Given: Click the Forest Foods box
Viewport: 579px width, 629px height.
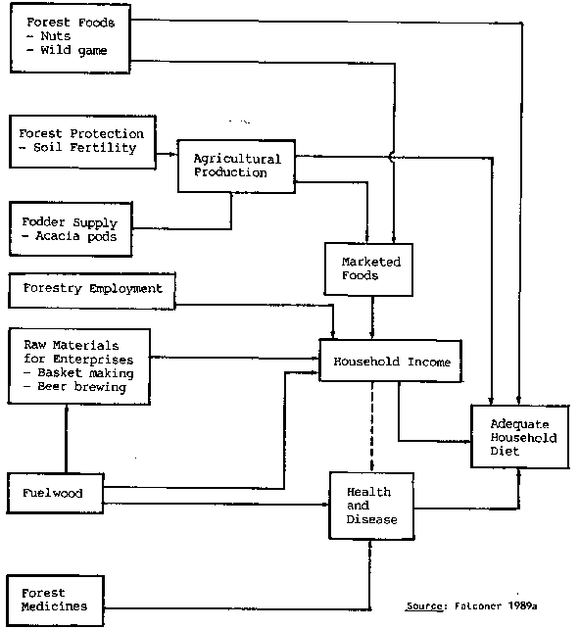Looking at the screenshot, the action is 71,38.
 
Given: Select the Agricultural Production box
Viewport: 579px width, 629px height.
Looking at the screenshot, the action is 237,167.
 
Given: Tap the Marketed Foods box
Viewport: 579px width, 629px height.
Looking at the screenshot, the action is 368,269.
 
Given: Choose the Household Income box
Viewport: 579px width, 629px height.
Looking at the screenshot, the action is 391,361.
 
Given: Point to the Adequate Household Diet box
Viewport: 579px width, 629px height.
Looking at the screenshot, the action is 520,436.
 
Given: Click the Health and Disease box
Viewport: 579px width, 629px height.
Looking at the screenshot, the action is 371,506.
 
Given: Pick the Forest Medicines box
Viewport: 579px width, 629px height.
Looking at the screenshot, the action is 56,601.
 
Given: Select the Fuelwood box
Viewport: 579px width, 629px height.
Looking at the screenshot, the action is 55,493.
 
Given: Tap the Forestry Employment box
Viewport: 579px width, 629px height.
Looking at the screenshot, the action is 92,291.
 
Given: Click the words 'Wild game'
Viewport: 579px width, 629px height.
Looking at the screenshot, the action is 73,51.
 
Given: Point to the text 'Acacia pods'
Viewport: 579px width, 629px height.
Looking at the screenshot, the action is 76,236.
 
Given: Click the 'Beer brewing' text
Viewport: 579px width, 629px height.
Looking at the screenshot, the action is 82,387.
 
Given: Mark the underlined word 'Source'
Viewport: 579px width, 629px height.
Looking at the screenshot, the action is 424,605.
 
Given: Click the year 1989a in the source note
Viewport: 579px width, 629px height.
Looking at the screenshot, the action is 522,605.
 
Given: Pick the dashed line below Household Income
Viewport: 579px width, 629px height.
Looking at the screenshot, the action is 372,427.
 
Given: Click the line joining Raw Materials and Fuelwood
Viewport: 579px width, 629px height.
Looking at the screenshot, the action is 67,439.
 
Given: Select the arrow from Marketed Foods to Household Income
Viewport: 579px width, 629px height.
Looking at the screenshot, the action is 372,317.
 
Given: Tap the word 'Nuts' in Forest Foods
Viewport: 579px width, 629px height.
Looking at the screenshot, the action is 56,36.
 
